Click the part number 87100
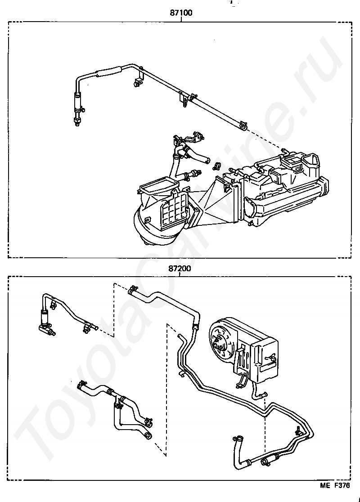(x=180, y=13)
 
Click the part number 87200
(x=180, y=269)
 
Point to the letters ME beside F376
(x=325, y=486)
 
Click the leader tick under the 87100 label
(x=180, y=19)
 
